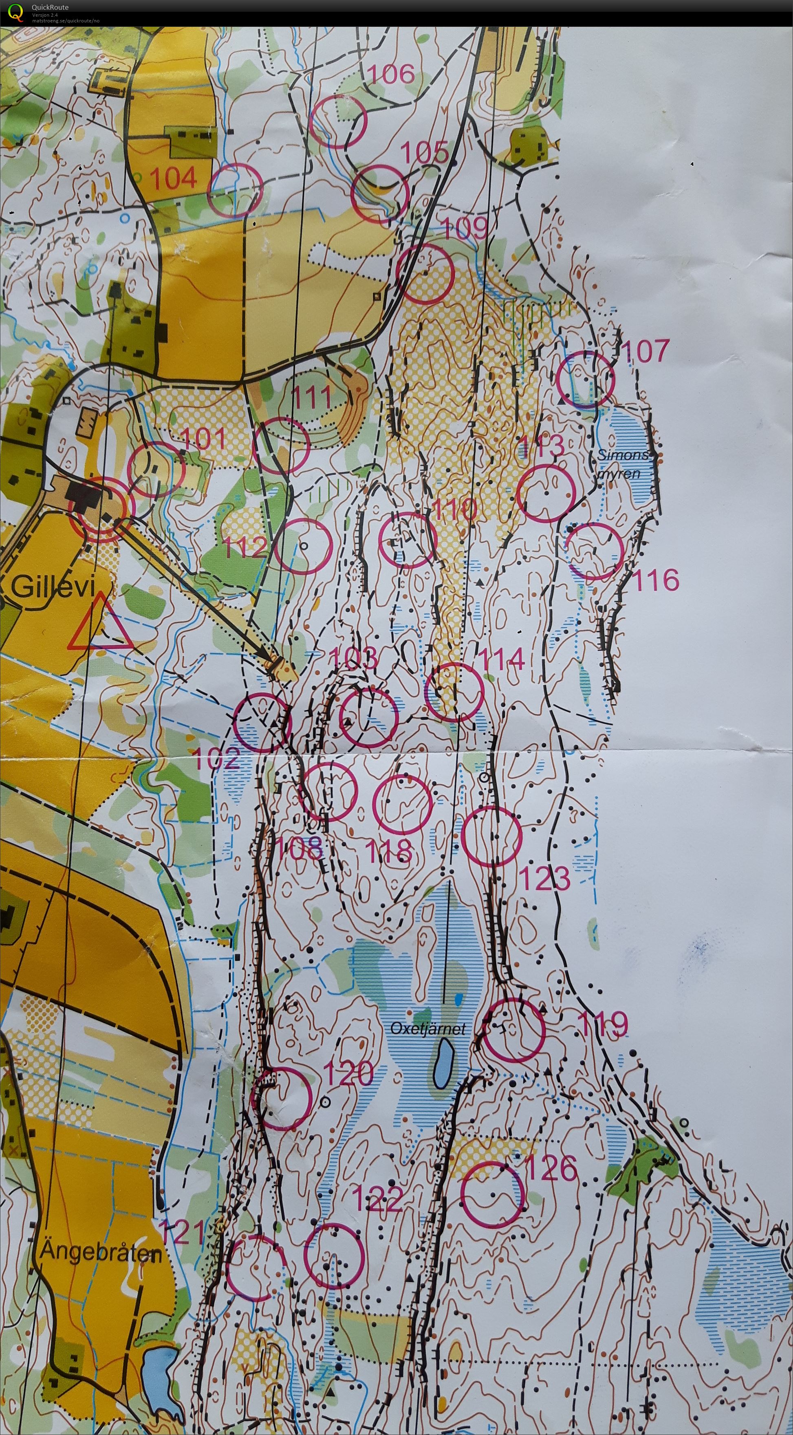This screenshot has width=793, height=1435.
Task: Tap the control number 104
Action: pyautogui.click(x=173, y=178)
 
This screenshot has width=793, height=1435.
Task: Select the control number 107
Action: pyautogui.click(x=645, y=351)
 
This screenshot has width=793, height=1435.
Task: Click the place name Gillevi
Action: pyautogui.click(x=53, y=587)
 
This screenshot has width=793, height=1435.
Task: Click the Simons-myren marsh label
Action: pyautogui.click(x=623, y=464)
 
